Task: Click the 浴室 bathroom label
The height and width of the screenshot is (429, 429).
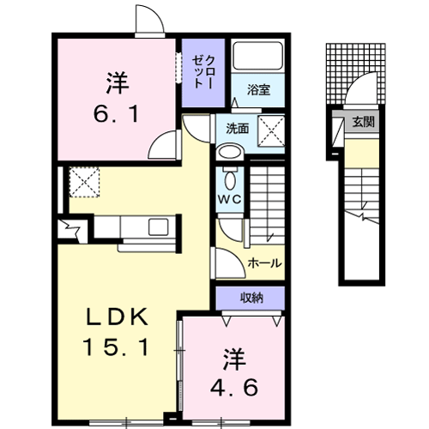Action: click(258, 90)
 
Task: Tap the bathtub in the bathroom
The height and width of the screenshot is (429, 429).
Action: click(257, 56)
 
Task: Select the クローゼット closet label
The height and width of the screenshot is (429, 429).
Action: click(203, 71)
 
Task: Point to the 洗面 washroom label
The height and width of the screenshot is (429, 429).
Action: click(238, 129)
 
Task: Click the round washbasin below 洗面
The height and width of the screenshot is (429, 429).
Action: click(229, 152)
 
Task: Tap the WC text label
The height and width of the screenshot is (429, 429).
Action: click(230, 199)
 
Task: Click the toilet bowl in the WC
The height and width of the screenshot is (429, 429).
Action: click(230, 179)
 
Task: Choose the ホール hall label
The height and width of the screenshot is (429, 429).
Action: click(264, 263)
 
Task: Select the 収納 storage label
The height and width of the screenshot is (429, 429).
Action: click(251, 298)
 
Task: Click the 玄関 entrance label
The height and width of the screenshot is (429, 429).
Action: click(363, 122)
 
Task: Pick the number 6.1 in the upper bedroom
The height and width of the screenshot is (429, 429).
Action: click(116, 113)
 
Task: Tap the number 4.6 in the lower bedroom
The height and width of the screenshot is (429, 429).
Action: click(234, 388)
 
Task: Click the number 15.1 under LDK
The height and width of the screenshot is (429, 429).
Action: click(116, 347)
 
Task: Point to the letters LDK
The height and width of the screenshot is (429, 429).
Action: click(117, 317)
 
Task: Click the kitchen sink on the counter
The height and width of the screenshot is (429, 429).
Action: click(158, 227)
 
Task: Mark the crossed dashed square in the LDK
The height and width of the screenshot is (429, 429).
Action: click(84, 182)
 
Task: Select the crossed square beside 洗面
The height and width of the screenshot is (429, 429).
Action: click(271, 131)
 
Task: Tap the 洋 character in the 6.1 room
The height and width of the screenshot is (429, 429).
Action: click(118, 83)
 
